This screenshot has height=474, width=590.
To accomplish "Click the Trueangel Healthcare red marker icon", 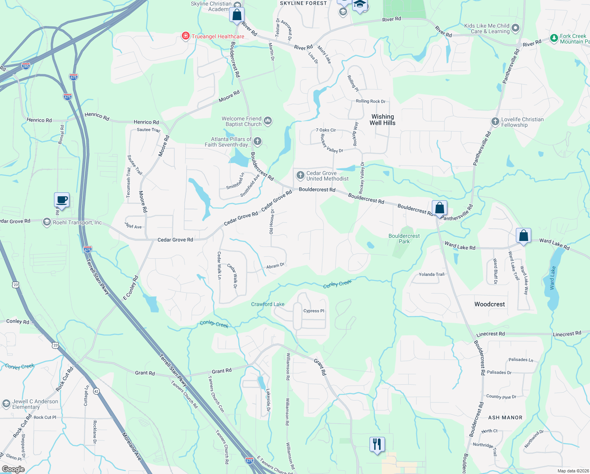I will [185, 36].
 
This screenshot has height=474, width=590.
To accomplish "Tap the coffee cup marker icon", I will [62, 200].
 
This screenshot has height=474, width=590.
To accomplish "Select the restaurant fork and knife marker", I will [377, 444].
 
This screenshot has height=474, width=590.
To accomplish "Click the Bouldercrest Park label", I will [404, 239].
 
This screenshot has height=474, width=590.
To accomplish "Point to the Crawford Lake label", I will [268, 304].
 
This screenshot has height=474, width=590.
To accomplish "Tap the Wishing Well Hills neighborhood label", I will [382, 120].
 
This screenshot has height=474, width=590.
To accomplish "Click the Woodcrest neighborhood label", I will [489, 304].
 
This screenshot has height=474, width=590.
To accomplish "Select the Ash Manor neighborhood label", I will [505, 418].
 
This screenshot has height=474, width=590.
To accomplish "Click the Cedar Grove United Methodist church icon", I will [300, 175].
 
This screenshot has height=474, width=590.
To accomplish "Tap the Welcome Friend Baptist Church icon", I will [268, 120].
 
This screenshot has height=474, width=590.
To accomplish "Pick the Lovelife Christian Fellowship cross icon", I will [495, 122].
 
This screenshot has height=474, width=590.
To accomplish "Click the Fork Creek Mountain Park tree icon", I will [554, 38].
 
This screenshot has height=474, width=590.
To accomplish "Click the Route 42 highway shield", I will [96, 391].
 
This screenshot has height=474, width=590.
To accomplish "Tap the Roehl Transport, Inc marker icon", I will [47, 222].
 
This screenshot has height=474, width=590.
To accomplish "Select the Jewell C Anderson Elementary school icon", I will [6, 403].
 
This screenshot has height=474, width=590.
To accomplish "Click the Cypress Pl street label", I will [314, 311].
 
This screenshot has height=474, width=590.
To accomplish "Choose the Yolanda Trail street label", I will [431, 274].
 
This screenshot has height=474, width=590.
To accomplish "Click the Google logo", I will [13, 469].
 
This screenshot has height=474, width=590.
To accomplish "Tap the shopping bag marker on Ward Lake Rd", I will [523, 236].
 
